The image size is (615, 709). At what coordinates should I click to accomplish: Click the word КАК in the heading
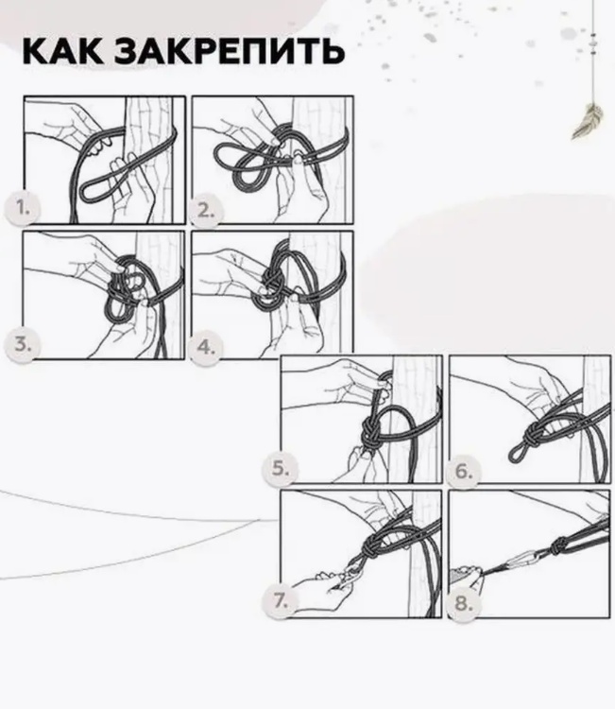62,50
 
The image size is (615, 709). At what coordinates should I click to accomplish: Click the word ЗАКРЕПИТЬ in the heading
230,50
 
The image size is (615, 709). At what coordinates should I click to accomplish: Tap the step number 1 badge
23,208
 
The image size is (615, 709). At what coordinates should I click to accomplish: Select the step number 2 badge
206,210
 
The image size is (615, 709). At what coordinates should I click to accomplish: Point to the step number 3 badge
23,344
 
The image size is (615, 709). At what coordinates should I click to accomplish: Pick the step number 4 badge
206,348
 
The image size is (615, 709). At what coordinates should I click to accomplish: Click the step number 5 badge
281,469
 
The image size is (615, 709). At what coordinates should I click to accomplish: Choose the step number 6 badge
464,471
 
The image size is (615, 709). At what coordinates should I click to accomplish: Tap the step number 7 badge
281,601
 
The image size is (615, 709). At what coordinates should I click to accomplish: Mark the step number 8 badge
464,603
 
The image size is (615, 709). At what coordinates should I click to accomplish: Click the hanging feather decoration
588,120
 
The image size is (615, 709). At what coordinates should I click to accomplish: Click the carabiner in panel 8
521,562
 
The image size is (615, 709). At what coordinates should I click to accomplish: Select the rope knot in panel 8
559,546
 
